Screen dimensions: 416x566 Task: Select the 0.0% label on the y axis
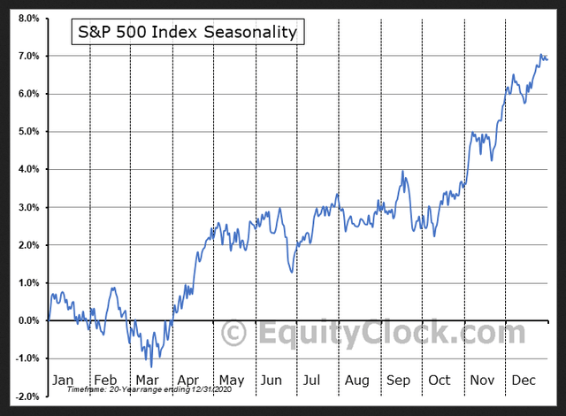27,320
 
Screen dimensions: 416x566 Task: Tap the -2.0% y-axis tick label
26,396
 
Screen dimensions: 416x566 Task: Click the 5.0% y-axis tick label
27,131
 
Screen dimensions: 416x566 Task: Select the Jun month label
272,379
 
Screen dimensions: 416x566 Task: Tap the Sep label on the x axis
400,379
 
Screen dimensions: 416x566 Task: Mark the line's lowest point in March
151,366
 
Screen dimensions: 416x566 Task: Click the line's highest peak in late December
540,55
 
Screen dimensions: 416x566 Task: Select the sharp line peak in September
402,172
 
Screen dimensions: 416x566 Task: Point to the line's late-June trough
292,272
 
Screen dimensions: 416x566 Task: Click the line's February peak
113,288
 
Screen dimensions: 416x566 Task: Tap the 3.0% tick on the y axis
27,207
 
